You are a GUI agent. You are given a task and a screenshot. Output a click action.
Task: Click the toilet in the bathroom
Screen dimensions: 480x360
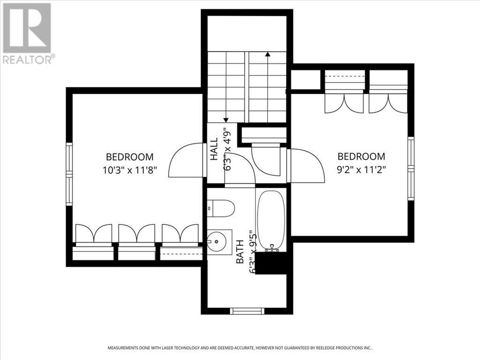(221, 209)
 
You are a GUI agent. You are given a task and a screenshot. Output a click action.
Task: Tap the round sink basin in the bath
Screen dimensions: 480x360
(216, 241)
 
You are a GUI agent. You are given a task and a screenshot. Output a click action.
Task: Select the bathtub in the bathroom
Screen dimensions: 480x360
(271, 220)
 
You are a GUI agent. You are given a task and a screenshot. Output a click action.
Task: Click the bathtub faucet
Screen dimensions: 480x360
(271, 248)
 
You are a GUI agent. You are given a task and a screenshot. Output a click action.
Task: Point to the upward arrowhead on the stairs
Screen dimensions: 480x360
(268, 54)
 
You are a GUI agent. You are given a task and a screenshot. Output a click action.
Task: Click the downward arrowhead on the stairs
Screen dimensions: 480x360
(226, 120)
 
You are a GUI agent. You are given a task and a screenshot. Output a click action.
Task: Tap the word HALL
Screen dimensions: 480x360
(214, 149)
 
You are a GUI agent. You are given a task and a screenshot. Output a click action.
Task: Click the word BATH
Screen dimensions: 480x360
(240, 252)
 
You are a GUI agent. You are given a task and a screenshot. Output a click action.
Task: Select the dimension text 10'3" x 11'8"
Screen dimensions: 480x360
(130, 170)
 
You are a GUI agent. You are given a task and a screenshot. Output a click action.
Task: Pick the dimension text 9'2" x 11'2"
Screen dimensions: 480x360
(361, 170)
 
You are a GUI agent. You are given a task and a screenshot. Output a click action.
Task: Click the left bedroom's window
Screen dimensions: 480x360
(69, 174)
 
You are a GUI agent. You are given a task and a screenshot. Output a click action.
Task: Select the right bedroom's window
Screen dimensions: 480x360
(411, 169)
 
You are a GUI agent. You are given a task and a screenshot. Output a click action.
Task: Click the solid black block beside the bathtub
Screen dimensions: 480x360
(271, 263)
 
